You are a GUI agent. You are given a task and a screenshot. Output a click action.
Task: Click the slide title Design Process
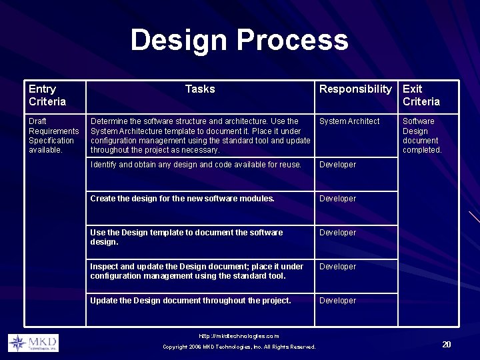point(239,40)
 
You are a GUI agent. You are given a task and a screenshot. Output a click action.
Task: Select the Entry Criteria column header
point(47,95)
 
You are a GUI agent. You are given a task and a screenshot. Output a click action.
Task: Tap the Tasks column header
point(200,89)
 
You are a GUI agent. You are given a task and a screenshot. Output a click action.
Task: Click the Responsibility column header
point(355,89)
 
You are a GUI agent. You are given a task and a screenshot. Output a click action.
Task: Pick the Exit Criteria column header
point(421,95)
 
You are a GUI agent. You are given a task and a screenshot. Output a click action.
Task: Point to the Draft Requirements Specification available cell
point(53,135)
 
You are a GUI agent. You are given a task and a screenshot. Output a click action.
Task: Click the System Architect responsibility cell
point(349,121)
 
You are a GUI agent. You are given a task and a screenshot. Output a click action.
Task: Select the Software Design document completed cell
point(422,135)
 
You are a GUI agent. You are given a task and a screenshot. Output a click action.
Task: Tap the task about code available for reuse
point(196,165)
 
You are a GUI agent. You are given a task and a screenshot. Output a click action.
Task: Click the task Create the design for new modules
point(182,199)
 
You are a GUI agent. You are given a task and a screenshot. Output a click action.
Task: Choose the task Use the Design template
point(187,237)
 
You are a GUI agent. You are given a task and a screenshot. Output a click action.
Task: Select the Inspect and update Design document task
point(197,271)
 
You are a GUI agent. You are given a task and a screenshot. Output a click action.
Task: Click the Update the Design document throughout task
point(191,301)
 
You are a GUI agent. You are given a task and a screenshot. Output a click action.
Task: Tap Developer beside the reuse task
point(338,165)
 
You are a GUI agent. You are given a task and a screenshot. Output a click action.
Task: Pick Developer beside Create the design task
point(338,199)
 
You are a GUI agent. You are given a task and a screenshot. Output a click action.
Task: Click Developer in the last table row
point(338,301)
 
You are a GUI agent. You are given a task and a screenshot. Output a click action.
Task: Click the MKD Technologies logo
point(33,343)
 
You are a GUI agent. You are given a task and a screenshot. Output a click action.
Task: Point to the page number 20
point(446,344)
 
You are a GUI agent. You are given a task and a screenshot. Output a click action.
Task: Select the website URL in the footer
point(239,336)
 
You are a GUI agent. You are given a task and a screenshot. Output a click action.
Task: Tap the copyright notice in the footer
point(239,347)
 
